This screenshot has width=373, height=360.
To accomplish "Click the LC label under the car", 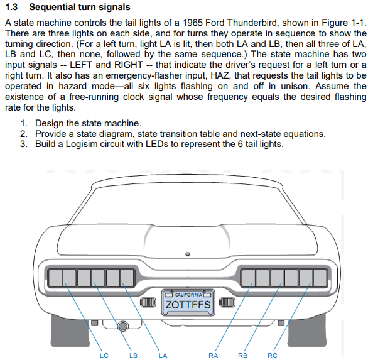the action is pyautogui.click(x=104, y=356).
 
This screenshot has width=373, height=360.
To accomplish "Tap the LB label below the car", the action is pyautogui.click(x=134, y=356).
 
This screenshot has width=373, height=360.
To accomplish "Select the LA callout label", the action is pyautogui.click(x=163, y=356).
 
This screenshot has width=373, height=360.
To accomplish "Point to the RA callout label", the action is pyautogui.click(x=213, y=356).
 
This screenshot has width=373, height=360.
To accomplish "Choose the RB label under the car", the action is pyautogui.click(x=242, y=356).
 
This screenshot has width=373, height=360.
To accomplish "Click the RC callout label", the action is pyautogui.click(x=273, y=356).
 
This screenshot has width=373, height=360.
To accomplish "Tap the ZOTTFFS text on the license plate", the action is pyautogui.click(x=188, y=305).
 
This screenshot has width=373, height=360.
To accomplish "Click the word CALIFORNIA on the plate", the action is pyautogui.click(x=188, y=295).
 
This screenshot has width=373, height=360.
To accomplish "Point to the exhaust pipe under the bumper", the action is pyautogui.click(x=123, y=326).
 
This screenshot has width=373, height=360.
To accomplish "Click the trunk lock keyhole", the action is pyautogui.click(x=188, y=254).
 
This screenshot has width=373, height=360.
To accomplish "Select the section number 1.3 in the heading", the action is pyautogui.click(x=11, y=7).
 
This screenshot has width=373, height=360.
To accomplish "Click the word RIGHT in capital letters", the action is pyautogui.click(x=129, y=65).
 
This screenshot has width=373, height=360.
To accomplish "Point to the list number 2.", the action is pyautogui.click(x=24, y=134).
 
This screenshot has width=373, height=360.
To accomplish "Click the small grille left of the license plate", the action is pyautogui.click(x=148, y=302).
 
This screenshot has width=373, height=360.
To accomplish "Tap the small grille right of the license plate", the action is pyautogui.click(x=227, y=302).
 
